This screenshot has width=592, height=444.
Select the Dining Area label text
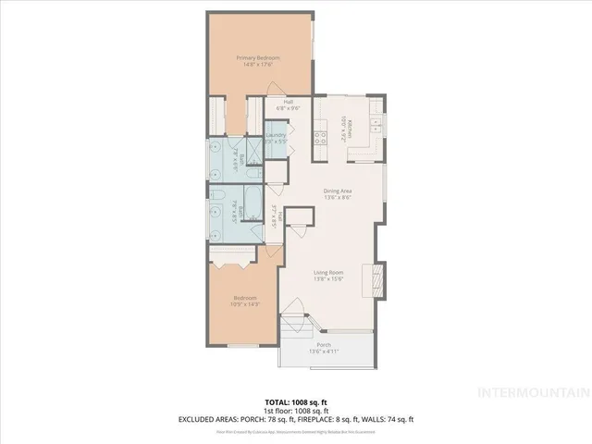[336, 192]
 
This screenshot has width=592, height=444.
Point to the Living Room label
[329, 274]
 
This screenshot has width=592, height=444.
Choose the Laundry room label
[276, 139]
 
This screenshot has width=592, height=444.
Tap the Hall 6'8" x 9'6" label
[288, 105]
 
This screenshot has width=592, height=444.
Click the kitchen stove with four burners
[322, 139]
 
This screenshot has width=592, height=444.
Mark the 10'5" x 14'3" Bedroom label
[245, 301]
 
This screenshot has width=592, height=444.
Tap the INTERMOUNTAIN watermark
[531, 392]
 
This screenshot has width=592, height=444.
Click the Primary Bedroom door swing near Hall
[274, 89]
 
